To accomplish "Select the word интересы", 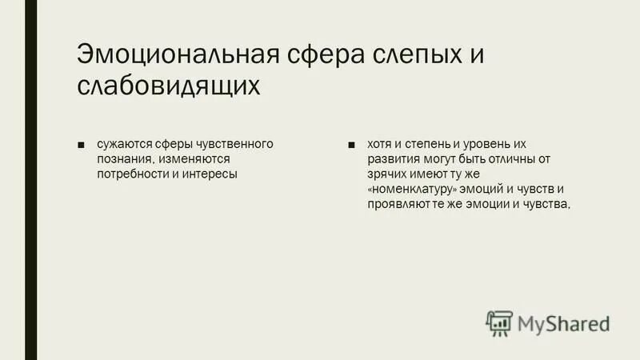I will pyautogui.click(x=210, y=174).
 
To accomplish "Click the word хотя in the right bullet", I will pyautogui.click(x=380, y=144).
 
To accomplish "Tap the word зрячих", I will pyautogui.click(x=386, y=174).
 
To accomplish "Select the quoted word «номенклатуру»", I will pyautogui.click(x=414, y=190).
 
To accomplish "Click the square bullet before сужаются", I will pyautogui.click(x=81, y=145).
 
